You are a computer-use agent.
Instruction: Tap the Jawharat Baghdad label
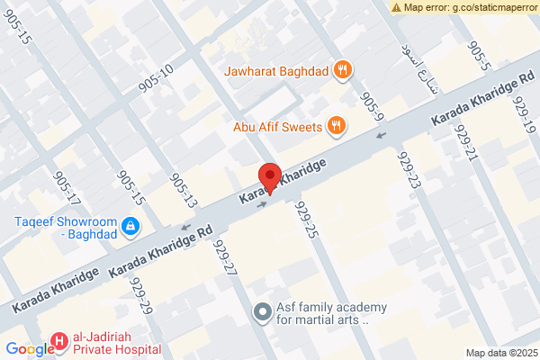pos(281,68)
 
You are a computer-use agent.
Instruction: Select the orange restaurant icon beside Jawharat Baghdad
pos(342,68)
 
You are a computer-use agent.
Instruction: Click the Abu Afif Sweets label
pos(277,127)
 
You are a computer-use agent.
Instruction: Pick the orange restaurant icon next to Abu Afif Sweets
pos(335,126)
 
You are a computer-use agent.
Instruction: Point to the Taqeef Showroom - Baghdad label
pos(64,228)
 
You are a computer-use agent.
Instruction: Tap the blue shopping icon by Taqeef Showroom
pos(130,225)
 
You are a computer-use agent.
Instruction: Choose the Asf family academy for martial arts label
pos(322,313)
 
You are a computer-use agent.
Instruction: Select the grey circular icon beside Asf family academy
pos(262,312)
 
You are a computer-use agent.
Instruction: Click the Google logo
pos(29,350)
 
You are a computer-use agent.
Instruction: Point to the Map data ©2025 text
pos(499,352)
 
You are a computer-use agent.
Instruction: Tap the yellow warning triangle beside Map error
pos(397,7)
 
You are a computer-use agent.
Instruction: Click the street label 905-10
pos(156,79)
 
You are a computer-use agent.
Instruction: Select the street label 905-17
pos(67,187)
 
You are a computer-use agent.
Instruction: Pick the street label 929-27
pos(224,256)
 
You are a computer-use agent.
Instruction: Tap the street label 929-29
pos(140,294)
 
